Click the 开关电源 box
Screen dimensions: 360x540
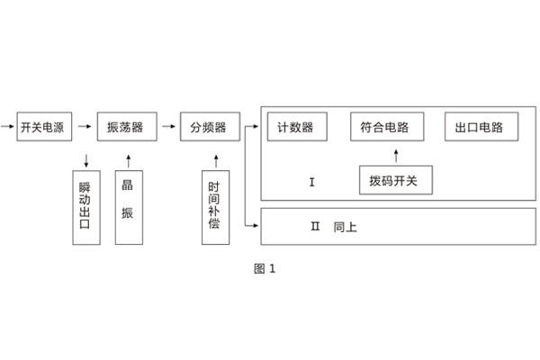pos(42,128)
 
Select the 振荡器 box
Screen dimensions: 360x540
pos(125,128)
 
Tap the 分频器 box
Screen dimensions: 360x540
pos(208,128)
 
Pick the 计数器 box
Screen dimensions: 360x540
pos(296,127)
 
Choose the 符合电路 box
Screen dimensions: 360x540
pos(384,127)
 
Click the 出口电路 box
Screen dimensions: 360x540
pos(481,127)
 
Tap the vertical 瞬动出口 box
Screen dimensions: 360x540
pos(85,207)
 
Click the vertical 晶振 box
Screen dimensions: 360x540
pos(128,207)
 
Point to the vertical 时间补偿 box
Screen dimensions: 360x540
pos(213,207)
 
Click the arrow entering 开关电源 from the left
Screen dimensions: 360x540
pos(8,128)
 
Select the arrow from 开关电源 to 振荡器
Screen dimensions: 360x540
pos(84,128)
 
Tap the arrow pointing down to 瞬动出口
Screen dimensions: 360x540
pos(85,161)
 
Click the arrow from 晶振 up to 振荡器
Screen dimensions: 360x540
pos(128,161)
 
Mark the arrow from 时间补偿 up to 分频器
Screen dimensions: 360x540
pos(213,161)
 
